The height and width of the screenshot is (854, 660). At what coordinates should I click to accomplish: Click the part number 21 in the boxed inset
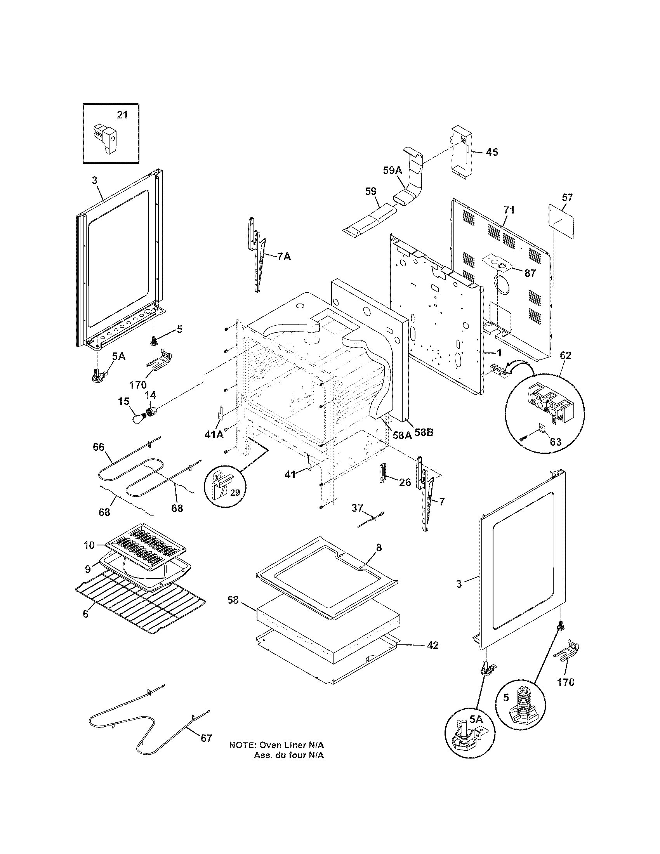(x=122, y=115)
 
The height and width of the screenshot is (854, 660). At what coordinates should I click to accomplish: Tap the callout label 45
(x=492, y=152)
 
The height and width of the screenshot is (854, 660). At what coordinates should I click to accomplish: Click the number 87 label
(x=530, y=273)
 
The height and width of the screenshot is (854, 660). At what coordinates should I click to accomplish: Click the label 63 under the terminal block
(x=555, y=442)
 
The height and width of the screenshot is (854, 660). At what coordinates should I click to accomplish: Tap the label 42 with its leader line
(x=432, y=645)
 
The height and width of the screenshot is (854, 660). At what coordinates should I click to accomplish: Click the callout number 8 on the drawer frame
(x=379, y=547)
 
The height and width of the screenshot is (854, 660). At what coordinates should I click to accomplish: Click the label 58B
(x=424, y=433)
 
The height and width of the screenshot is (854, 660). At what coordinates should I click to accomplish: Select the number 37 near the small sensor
(x=357, y=509)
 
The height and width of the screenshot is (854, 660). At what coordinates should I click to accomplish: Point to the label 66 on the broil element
(x=99, y=446)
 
